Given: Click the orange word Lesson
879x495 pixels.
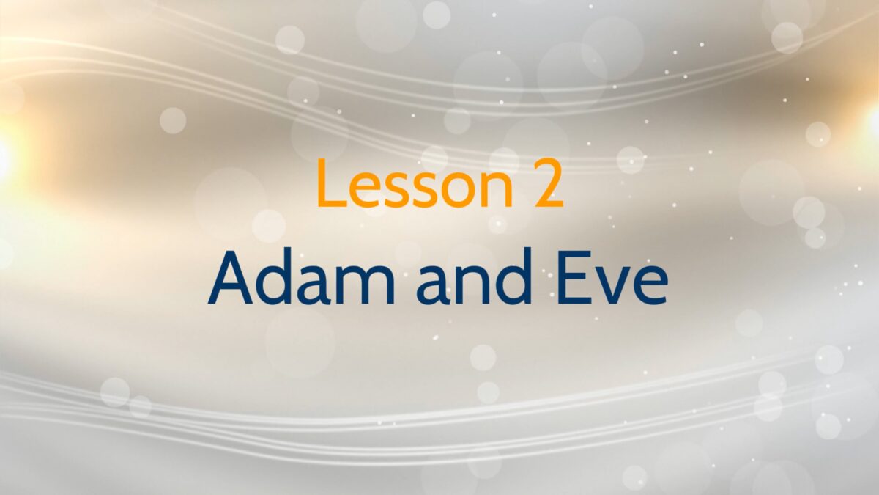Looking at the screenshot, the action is point(415,183).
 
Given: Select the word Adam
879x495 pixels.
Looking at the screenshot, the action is point(301,276).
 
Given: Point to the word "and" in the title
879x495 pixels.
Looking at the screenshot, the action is point(474,276).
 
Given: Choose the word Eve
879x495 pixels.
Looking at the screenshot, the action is point(611,278).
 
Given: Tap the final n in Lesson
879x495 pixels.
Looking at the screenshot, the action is point(497,190).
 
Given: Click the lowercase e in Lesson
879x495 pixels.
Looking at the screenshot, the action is point(367,190).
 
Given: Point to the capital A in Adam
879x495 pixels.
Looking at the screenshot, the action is point(229,278).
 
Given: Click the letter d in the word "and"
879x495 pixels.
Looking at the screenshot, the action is point(513,276).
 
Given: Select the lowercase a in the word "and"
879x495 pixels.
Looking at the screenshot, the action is point(432,285).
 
